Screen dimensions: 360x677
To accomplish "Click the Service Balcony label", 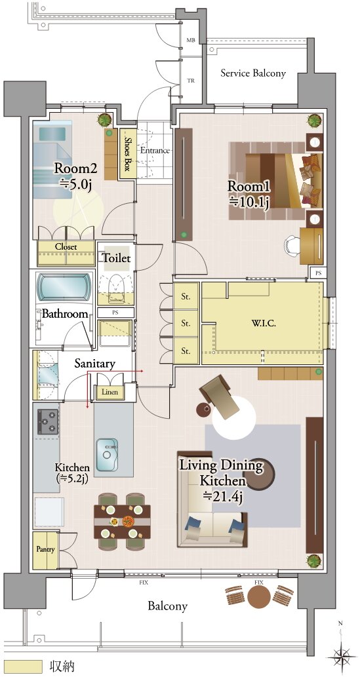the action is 253,73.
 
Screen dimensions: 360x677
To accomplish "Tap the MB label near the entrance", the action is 190,40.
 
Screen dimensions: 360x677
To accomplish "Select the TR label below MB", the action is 190,81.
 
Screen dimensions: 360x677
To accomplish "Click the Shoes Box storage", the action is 127,153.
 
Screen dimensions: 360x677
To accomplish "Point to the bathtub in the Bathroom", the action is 64,286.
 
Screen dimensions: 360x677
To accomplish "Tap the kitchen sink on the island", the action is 107,455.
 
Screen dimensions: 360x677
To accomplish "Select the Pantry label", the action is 45,550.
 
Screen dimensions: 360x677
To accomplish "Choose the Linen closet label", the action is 110,392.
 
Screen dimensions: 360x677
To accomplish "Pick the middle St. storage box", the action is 186,323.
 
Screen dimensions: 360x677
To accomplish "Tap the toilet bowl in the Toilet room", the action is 115,286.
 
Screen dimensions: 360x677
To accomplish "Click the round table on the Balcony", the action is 259,596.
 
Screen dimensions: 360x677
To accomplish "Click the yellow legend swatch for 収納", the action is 23,665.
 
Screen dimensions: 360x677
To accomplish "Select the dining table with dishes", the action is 123,522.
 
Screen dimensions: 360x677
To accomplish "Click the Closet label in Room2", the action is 66,247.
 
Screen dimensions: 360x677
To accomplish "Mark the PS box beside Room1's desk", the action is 319,273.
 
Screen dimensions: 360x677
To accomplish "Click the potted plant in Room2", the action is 104,120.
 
